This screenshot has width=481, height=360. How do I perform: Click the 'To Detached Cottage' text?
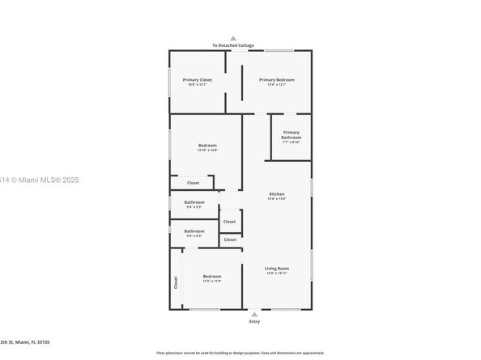pyautogui.click(x=233, y=45)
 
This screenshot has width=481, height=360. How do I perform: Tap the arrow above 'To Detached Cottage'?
pyautogui.click(x=233, y=38)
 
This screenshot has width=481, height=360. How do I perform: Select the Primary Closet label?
pyautogui.click(x=197, y=79)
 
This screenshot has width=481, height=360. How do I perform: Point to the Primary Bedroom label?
pyautogui.click(x=276, y=79)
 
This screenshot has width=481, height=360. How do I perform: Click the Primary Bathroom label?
pyautogui.click(x=291, y=134)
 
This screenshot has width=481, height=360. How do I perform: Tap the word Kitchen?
pyautogui.click(x=277, y=194)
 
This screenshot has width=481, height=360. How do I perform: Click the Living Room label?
pyautogui.click(x=277, y=268)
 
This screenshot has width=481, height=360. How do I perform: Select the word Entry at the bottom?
pyautogui.click(x=255, y=321)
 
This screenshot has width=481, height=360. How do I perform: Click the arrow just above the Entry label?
pyautogui.click(x=255, y=314)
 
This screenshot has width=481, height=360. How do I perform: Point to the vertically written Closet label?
pyautogui.click(x=176, y=282)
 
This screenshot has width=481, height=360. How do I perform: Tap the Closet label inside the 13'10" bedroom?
pyautogui.click(x=193, y=183)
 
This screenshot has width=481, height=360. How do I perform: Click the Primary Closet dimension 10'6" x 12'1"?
pyautogui.click(x=197, y=84)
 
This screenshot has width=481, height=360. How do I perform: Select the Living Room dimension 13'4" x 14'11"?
pyautogui.click(x=277, y=273)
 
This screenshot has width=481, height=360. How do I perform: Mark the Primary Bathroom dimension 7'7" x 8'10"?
pyautogui.click(x=291, y=142)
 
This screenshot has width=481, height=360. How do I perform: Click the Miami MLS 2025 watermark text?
pyautogui.click(x=29, y=180)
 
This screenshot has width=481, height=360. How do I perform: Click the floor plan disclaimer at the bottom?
pyautogui.click(x=240, y=353)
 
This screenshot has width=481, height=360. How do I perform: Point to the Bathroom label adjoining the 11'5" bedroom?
pyautogui.click(x=194, y=231)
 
